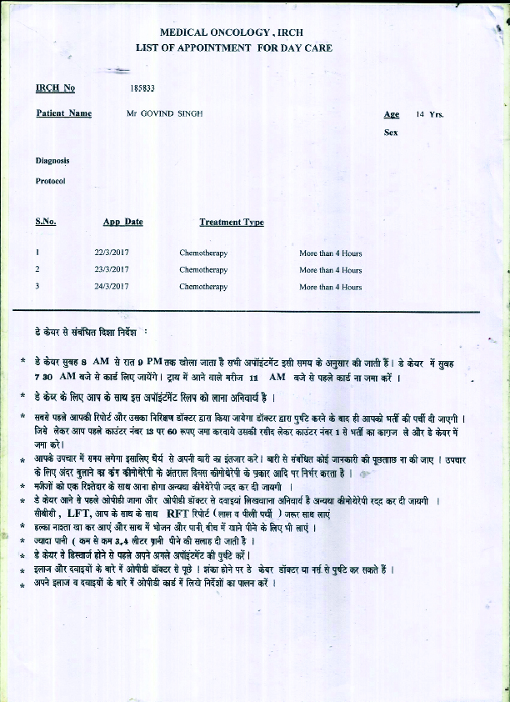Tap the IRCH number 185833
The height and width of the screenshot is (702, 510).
(x=142, y=88)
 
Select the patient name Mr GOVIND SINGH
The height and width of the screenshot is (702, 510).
(x=164, y=113)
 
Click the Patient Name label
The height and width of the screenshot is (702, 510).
(x=63, y=113)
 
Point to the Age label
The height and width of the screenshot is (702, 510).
(x=391, y=114)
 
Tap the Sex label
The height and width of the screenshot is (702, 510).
(x=391, y=133)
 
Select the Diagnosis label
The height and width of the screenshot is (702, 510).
(x=52, y=160)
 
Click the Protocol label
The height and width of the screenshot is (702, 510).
(x=50, y=180)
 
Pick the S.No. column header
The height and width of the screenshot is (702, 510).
(x=46, y=222)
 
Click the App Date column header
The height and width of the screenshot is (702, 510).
(x=122, y=222)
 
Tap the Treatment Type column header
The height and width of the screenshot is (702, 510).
(x=232, y=222)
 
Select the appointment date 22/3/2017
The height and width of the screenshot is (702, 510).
(x=112, y=253)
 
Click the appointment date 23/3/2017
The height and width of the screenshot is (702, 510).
(x=112, y=269)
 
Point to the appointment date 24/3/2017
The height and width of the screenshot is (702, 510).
(x=112, y=287)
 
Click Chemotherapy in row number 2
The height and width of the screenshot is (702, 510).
(x=203, y=269)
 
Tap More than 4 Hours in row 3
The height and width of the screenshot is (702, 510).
(x=331, y=287)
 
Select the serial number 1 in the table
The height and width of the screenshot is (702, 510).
(x=37, y=253)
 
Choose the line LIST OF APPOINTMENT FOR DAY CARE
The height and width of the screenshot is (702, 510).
(x=233, y=48)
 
